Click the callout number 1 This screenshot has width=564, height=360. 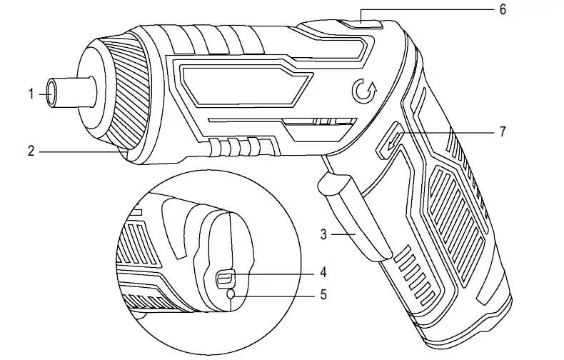pos(31,93)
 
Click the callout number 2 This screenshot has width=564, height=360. pos(31,151)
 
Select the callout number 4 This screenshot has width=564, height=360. pos(323,272)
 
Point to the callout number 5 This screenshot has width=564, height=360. pos(323,294)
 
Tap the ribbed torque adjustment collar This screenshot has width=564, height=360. pos(129,93)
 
